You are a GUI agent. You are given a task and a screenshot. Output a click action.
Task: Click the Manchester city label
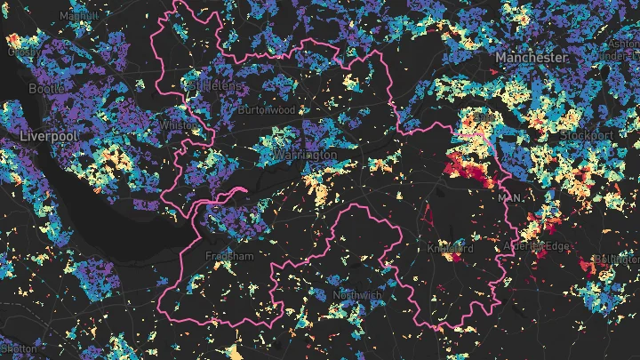pyautogui.click(x=532, y=57)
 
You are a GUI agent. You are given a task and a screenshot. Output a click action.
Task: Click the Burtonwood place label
pyautogui.click(x=267, y=110)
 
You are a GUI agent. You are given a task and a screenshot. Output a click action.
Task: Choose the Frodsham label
pyautogui.click(x=230, y=257)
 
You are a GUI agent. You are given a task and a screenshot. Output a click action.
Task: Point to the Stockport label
pyautogui.click(x=588, y=134)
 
